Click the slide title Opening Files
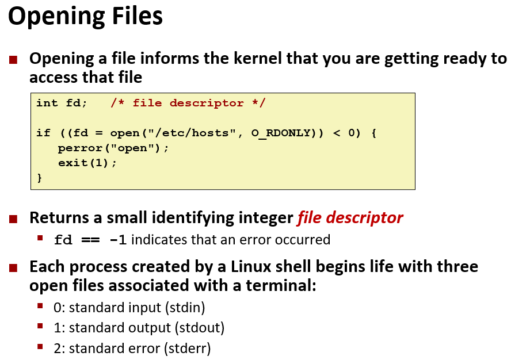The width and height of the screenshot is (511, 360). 85,17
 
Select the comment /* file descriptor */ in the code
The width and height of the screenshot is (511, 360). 188,104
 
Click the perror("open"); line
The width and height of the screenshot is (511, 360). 113,148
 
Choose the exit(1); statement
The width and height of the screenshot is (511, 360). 87,163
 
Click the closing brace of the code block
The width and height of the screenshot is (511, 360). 39,178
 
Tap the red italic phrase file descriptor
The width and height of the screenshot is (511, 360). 350,218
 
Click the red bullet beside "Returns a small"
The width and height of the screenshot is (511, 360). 14,219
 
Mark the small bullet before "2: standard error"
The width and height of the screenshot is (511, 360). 40,347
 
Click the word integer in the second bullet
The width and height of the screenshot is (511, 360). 263,218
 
